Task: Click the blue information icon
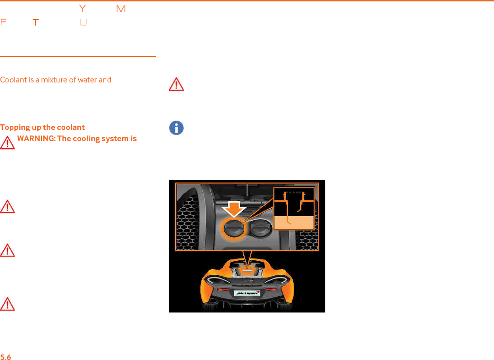(176, 128)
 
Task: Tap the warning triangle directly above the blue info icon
(176, 84)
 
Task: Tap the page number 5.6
(6, 357)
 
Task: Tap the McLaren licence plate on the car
(247, 294)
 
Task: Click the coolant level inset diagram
(294, 208)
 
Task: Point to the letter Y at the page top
(83, 9)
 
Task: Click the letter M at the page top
(121, 9)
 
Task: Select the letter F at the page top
(3, 22)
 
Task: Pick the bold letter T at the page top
(34, 22)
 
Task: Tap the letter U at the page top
(83, 22)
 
